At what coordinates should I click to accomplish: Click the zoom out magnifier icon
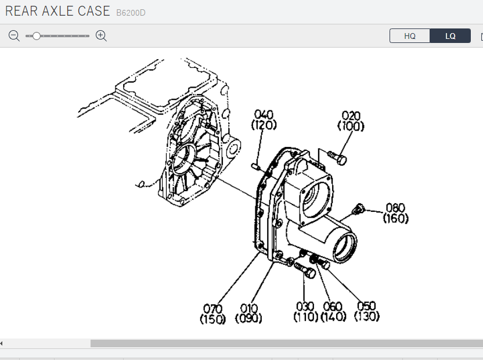click(14, 36)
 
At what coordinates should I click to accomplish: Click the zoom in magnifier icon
click(101, 36)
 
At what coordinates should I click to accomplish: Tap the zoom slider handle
click(37, 36)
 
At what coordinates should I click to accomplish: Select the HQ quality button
click(410, 36)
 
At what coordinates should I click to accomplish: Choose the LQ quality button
click(450, 36)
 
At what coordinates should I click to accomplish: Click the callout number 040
click(264, 114)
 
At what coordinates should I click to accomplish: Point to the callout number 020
click(351, 116)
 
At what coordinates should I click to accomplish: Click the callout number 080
click(395, 208)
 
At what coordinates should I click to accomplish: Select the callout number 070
click(213, 308)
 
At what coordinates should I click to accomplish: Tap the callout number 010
click(249, 308)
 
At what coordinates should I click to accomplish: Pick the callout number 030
click(305, 307)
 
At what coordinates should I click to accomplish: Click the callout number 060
click(333, 307)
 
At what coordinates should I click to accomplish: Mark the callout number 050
click(366, 306)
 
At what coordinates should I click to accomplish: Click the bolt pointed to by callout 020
click(337, 157)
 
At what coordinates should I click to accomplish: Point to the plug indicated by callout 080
click(358, 209)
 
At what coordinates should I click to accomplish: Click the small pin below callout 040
click(255, 167)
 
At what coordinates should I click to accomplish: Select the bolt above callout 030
click(305, 270)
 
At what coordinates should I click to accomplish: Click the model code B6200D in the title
click(131, 13)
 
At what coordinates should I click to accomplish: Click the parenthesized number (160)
click(396, 218)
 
